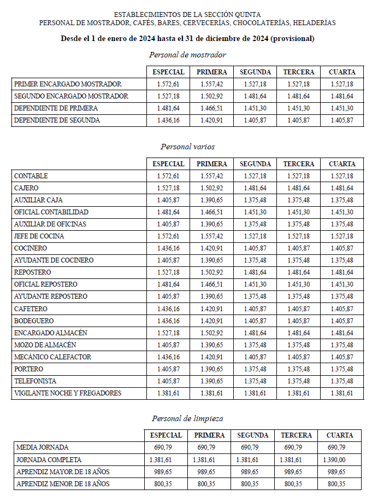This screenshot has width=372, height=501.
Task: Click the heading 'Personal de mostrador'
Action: (x=187, y=55)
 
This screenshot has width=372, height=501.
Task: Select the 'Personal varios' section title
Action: (x=187, y=147)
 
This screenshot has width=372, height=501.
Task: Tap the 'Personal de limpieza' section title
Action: (x=187, y=418)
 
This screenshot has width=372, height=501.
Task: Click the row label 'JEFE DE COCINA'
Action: (x=39, y=236)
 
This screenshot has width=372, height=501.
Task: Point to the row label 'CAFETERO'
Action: (x=31, y=308)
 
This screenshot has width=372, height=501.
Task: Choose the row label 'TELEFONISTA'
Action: (x=36, y=381)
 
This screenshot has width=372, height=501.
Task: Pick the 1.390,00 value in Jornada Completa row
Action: (x=334, y=460)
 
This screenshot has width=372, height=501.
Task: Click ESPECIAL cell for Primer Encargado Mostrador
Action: (x=168, y=84)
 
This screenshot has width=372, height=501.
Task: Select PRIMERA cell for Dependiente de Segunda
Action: (x=211, y=120)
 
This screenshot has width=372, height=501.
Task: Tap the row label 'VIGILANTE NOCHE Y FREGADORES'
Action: (x=68, y=393)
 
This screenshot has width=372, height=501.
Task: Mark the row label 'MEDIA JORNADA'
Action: (x=43, y=448)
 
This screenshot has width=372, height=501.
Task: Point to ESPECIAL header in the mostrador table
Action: (x=168, y=72)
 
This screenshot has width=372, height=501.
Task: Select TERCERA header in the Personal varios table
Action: (x=299, y=164)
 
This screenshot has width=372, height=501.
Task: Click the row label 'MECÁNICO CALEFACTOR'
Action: (x=53, y=357)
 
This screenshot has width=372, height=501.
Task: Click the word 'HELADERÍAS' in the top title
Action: (x=314, y=23)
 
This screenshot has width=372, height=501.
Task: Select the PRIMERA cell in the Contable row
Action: (x=211, y=176)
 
